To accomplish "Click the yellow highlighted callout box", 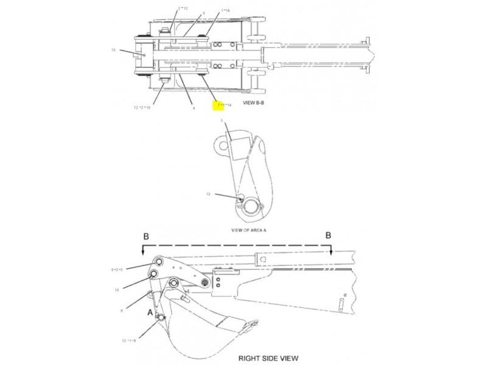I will pyautogui.click(x=217, y=106).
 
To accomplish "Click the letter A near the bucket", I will pyautogui.click(x=149, y=311).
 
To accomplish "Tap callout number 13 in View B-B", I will pyautogui.click(x=113, y=51).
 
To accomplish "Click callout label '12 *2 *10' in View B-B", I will pyautogui.click(x=142, y=108).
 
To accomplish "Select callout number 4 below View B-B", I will pyautogui.click(x=193, y=108).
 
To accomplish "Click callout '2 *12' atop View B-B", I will pyautogui.click(x=183, y=8).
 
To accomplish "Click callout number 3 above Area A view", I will pyautogui.click(x=222, y=122).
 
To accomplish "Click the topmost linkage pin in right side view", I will pyautogui.click(x=159, y=262).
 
